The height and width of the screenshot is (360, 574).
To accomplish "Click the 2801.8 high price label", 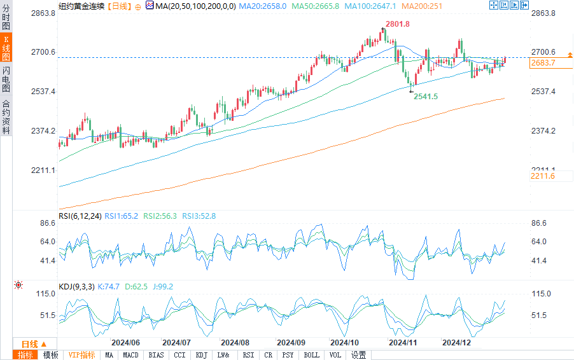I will (396, 24).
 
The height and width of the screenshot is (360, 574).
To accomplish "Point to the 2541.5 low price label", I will (426, 96).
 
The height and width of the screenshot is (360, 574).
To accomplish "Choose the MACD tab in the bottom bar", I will (131, 355).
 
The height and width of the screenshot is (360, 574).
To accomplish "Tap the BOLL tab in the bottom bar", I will (312, 355).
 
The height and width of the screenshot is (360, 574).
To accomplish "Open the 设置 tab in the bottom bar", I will (359, 355).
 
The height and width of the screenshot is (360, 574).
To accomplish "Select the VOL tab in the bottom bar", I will (336, 355).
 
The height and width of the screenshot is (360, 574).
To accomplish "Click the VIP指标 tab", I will (81, 355).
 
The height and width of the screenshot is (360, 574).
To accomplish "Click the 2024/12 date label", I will (456, 342).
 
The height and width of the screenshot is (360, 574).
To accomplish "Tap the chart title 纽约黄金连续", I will (80, 5).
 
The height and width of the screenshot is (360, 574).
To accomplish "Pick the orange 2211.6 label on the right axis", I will (543, 176).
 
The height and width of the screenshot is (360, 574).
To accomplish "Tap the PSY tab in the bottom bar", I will (288, 355).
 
